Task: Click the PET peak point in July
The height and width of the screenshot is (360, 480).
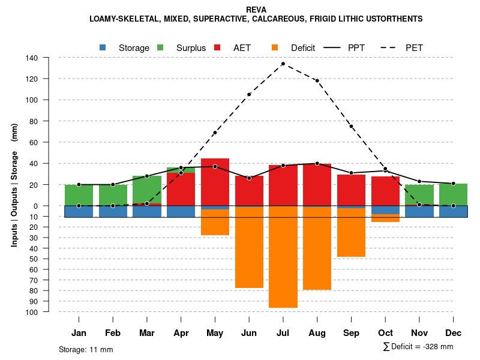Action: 283,64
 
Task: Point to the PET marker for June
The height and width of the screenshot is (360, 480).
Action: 249,94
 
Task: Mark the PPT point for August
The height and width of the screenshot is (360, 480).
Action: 317,163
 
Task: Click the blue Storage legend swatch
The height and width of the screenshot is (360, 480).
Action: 103,47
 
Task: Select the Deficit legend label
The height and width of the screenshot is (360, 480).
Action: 303,48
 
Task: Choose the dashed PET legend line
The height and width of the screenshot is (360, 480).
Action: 388,47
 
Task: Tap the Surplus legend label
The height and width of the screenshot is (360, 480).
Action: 191,48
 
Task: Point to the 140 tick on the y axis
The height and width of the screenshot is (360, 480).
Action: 32,58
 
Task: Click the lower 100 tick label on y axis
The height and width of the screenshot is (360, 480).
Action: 32,312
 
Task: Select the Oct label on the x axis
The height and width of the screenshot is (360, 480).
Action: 385,333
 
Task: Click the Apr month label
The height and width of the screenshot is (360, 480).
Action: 181,333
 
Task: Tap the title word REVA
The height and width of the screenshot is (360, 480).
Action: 256,10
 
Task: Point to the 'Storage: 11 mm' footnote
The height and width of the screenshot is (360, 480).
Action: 86,349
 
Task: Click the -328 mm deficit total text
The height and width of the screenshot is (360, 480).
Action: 436,347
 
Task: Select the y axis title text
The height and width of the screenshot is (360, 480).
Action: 14,185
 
